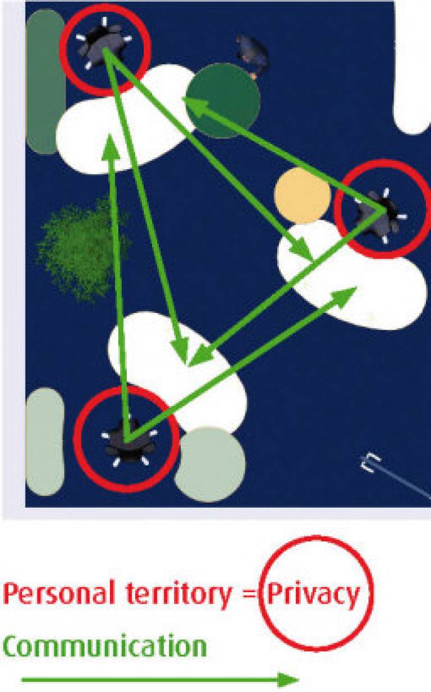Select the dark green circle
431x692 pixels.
coord(223,100)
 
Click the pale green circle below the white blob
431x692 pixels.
coord(210,463)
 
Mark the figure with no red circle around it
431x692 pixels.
coord(253,56)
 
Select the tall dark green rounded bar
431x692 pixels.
coord(45,81)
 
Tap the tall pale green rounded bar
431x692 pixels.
coord(45,441)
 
